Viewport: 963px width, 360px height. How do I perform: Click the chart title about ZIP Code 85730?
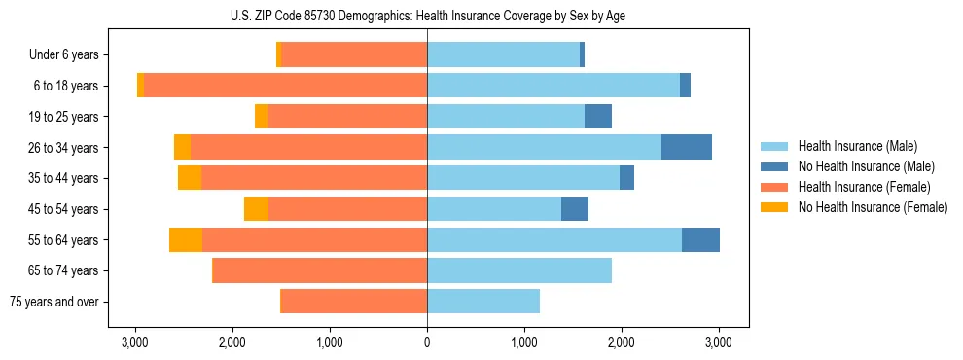[427, 15]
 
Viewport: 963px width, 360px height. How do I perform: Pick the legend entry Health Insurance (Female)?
[857, 187]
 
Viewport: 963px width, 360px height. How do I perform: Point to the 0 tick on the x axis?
[427, 342]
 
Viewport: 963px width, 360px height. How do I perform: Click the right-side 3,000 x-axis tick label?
[719, 342]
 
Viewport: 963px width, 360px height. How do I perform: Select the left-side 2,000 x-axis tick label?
[232, 342]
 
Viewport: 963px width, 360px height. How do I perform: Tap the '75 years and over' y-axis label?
[53, 302]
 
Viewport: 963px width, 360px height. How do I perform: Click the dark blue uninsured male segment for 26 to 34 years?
[687, 147]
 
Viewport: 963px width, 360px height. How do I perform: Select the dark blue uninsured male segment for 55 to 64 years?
[700, 239]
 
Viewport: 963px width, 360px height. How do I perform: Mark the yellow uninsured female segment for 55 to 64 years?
[186, 239]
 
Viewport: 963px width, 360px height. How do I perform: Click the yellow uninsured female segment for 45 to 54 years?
[256, 209]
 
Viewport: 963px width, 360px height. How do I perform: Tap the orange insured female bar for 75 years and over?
[353, 302]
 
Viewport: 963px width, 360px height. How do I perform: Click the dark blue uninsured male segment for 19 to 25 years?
[598, 117]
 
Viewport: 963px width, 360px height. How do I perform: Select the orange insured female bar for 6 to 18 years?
[285, 86]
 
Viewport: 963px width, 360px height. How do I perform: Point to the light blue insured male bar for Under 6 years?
[503, 55]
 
